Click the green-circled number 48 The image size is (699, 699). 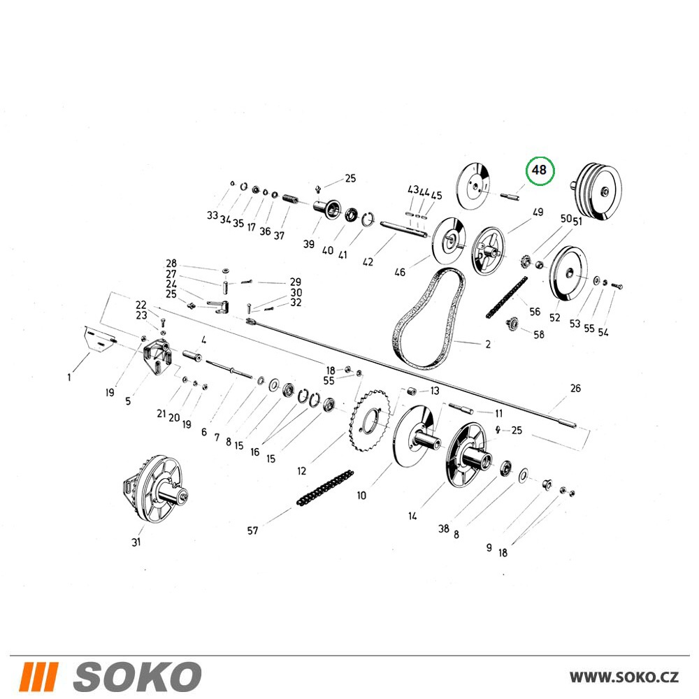[539, 170]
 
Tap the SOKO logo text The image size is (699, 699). [137, 677]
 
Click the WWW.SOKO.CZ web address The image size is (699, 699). [624, 677]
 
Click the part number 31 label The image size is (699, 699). [136, 542]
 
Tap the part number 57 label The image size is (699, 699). [253, 531]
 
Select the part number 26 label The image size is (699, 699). [575, 388]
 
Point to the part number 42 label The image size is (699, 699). [368, 261]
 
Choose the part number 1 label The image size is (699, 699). [69, 377]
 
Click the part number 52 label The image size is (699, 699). [554, 317]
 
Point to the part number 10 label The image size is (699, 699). [361, 496]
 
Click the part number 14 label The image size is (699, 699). [413, 516]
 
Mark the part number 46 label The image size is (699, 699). [400, 272]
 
